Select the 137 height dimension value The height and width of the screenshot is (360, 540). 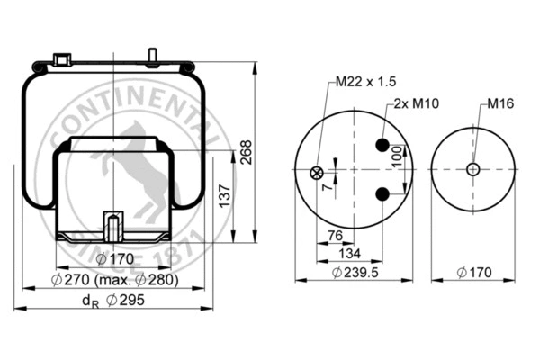point(226,193)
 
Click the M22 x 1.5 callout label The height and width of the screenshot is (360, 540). point(365,82)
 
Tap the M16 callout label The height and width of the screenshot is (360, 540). point(499,104)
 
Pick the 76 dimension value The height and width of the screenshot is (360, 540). point(335,237)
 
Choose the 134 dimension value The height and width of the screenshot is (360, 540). point(349,254)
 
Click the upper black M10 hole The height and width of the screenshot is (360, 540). point(382,146)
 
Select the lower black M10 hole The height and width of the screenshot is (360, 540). point(382,193)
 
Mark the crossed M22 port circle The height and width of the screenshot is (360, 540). point(315,174)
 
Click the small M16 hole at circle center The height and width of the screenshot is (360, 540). point(472,169)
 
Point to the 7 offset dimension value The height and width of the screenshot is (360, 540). point(325,188)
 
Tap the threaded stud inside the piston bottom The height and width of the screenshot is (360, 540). point(113,226)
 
